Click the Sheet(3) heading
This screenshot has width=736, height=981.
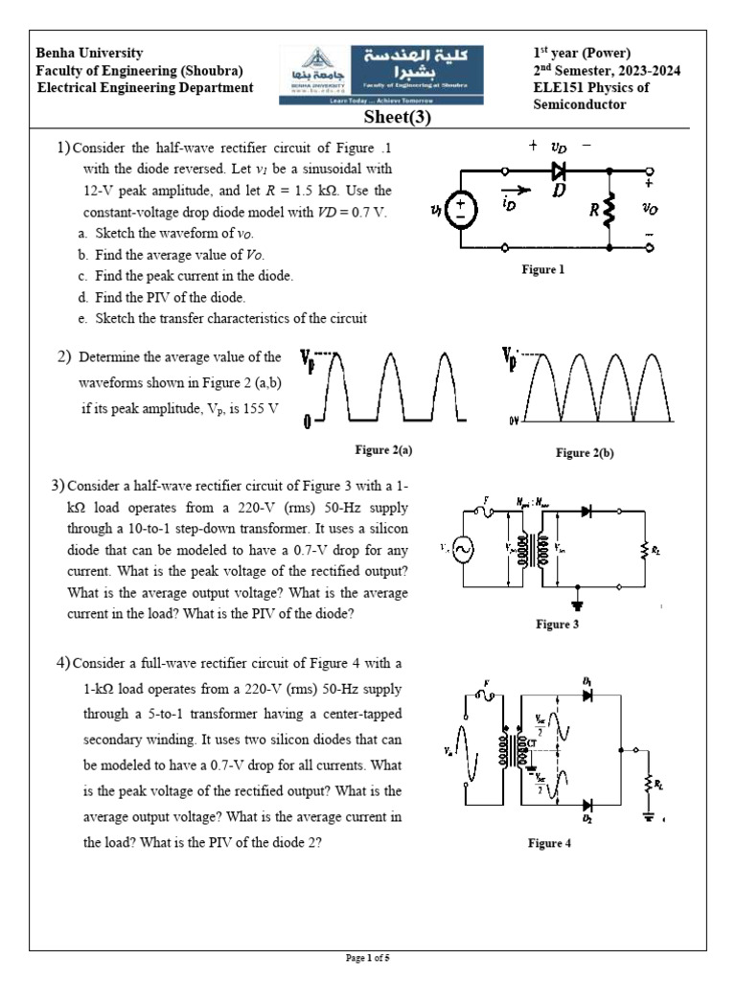397,118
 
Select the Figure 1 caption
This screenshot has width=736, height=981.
542,270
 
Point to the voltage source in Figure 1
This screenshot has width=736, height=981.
461,209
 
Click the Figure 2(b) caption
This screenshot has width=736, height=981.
585,452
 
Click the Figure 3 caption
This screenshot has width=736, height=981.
558,625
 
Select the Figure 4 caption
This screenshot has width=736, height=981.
549,843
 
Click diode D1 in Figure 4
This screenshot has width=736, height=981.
586,694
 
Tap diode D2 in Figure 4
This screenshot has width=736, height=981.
586,806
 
